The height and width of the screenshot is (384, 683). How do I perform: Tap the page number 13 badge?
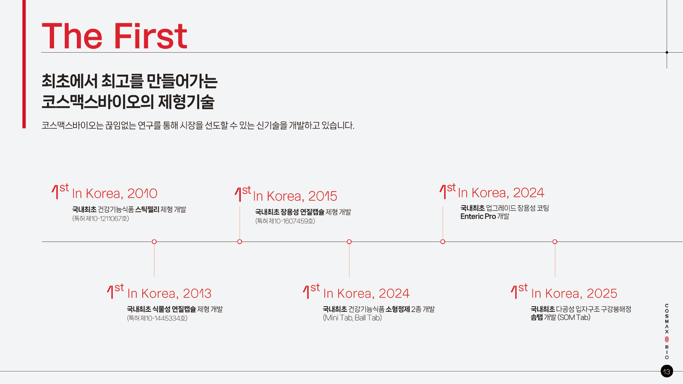tap(667, 372)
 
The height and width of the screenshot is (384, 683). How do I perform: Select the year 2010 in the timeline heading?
tap(142, 193)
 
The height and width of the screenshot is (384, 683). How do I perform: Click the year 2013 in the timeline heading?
tap(197, 294)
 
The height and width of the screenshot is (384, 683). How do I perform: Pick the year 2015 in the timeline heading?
tap(323, 196)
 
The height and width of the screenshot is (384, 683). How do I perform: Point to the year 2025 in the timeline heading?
tap(602, 294)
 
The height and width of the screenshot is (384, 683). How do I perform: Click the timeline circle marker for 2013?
tap(154, 242)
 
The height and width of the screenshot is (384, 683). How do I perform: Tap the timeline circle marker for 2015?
tap(240, 242)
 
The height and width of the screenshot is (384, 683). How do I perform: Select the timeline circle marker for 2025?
tap(555, 242)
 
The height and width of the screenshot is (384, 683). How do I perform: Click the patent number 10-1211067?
tap(106, 219)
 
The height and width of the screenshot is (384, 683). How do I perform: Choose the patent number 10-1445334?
tap(163, 318)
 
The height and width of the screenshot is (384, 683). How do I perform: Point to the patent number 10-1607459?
tap(291, 221)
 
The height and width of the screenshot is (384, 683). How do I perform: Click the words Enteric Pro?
tap(478, 217)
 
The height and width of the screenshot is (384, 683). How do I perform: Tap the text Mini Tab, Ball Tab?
tap(352, 318)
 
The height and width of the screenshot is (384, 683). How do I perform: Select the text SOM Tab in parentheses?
tap(574, 318)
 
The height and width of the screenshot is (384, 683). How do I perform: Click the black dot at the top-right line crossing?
tap(667, 52)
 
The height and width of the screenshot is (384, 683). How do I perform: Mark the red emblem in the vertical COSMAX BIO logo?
tap(667, 340)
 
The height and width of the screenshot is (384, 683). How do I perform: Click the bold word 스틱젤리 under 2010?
tap(147, 210)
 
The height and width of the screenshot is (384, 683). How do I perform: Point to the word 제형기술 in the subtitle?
tap(186, 102)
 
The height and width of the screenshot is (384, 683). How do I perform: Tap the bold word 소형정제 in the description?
tap(398, 309)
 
